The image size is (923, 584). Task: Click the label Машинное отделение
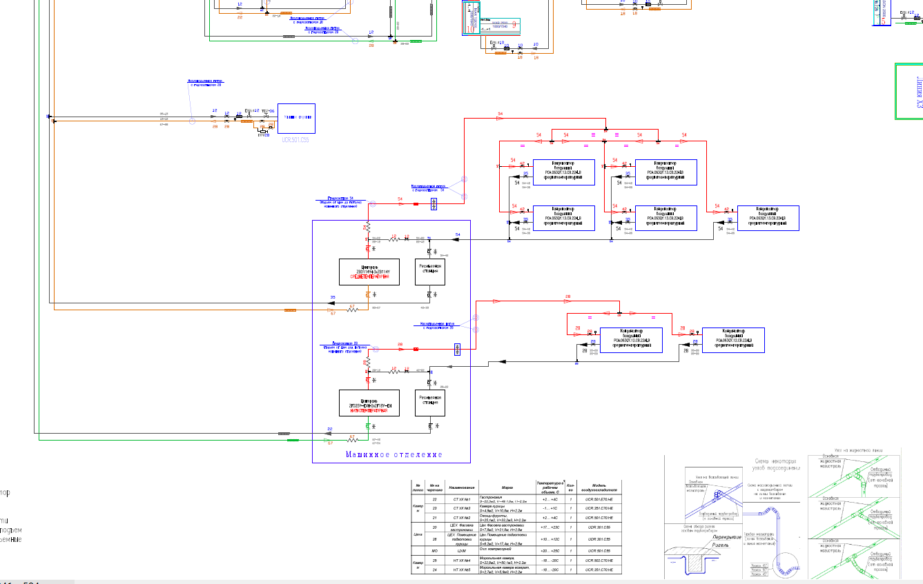pos(394,455)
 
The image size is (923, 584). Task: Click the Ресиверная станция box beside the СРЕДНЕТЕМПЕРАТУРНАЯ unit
pos(430,272)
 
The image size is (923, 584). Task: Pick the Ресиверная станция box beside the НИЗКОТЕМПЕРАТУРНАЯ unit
pos(430,403)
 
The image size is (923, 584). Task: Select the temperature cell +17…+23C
pos(550,527)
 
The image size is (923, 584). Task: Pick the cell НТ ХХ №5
pos(462,570)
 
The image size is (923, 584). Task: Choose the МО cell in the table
pos(435,551)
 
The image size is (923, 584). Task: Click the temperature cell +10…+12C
pos(550,539)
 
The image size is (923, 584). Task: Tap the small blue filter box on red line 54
pos(434,203)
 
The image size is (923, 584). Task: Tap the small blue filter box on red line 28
pos(457,349)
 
